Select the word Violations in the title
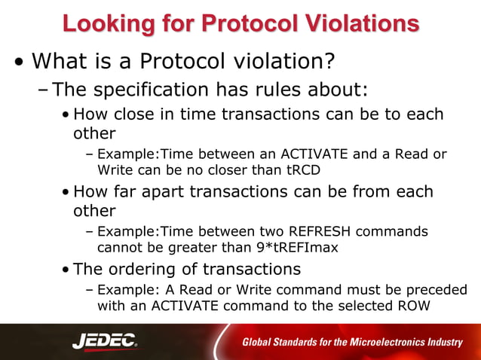(x=361, y=23)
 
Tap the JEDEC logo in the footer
(x=105, y=341)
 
